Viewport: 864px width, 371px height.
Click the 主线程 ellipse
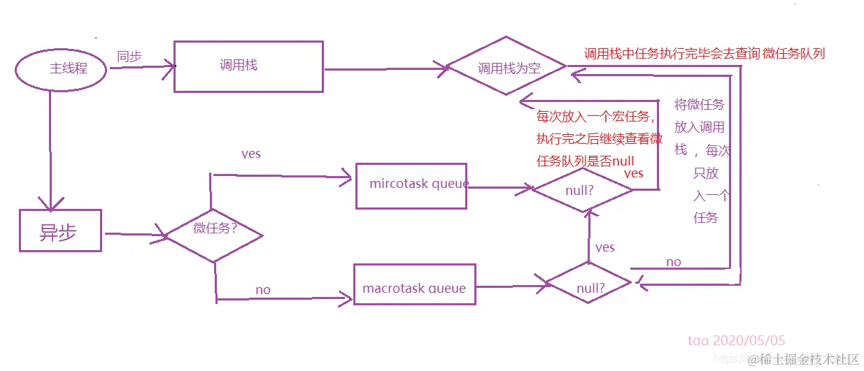(x=61, y=69)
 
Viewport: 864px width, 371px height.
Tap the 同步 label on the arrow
(x=129, y=57)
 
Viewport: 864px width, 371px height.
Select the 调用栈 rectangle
(x=248, y=66)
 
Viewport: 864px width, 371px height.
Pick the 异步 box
(x=59, y=231)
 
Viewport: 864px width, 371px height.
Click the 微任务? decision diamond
(x=214, y=235)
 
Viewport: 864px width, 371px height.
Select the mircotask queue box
(x=411, y=185)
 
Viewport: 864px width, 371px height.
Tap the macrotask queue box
(x=414, y=284)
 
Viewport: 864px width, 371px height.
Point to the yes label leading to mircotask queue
(x=251, y=154)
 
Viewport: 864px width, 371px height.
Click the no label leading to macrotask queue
(x=263, y=289)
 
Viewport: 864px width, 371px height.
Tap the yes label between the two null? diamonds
(x=605, y=247)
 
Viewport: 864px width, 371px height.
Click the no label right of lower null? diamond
(x=673, y=262)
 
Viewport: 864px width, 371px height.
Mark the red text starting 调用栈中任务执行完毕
(x=704, y=54)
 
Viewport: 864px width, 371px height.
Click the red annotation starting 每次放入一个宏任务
(x=599, y=138)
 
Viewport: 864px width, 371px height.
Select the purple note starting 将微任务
(x=701, y=161)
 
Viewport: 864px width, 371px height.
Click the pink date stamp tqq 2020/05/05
(x=737, y=341)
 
